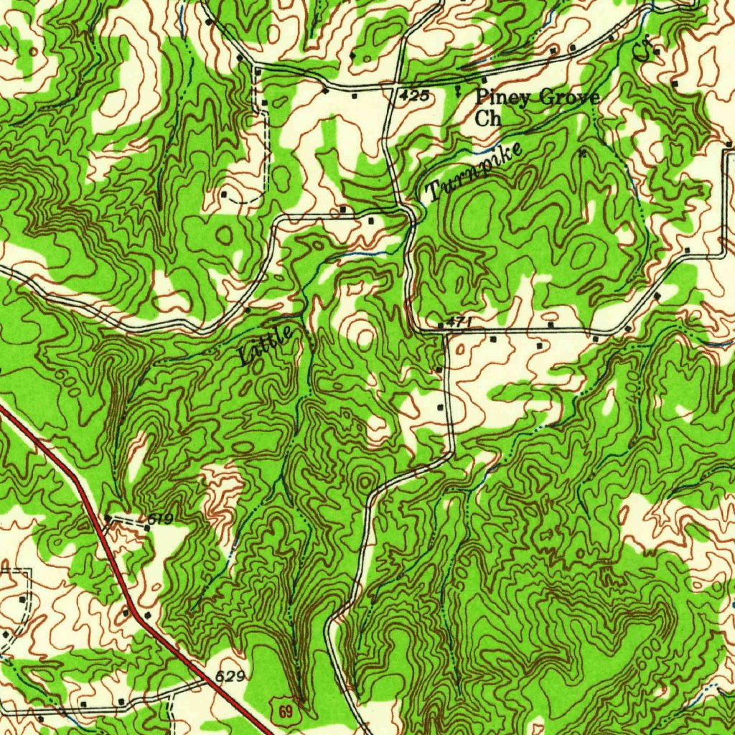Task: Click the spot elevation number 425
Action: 415,95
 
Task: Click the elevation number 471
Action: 458,324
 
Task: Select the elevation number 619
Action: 160,518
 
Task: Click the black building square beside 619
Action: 147,528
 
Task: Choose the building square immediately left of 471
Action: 440,328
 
